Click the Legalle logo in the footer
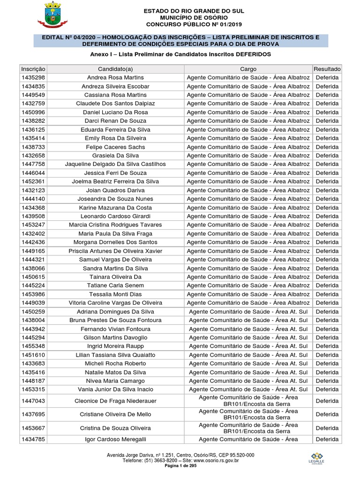coord(318,458)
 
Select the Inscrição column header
coord(33,69)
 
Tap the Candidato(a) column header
coord(116,69)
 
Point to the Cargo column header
coord(248,69)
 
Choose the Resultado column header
coord(327,69)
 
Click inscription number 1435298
coord(33,77)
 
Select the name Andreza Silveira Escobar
coord(115,86)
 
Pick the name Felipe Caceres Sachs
coord(115,147)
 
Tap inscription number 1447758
coord(33,164)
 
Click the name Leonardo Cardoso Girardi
coord(115,216)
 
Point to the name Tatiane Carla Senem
coord(115,285)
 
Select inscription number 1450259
coord(33,312)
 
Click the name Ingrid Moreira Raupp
coord(115,346)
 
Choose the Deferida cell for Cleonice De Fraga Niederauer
coord(327,401)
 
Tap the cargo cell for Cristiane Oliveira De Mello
coord(248,414)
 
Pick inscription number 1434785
coord(33,439)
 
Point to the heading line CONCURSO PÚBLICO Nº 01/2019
coord(180,24)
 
